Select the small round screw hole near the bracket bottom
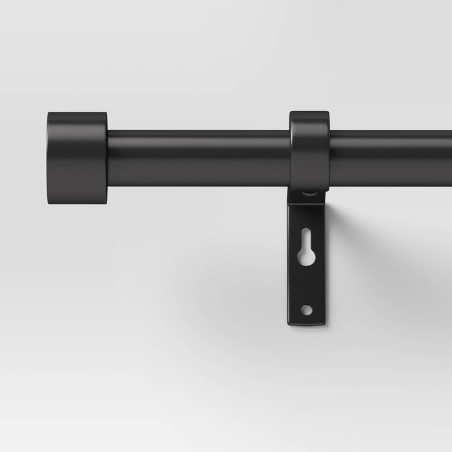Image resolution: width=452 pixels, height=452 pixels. coord(306,309)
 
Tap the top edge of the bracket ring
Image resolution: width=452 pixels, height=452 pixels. coord(309,113)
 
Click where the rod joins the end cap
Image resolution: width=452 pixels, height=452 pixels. coord(108,159)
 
